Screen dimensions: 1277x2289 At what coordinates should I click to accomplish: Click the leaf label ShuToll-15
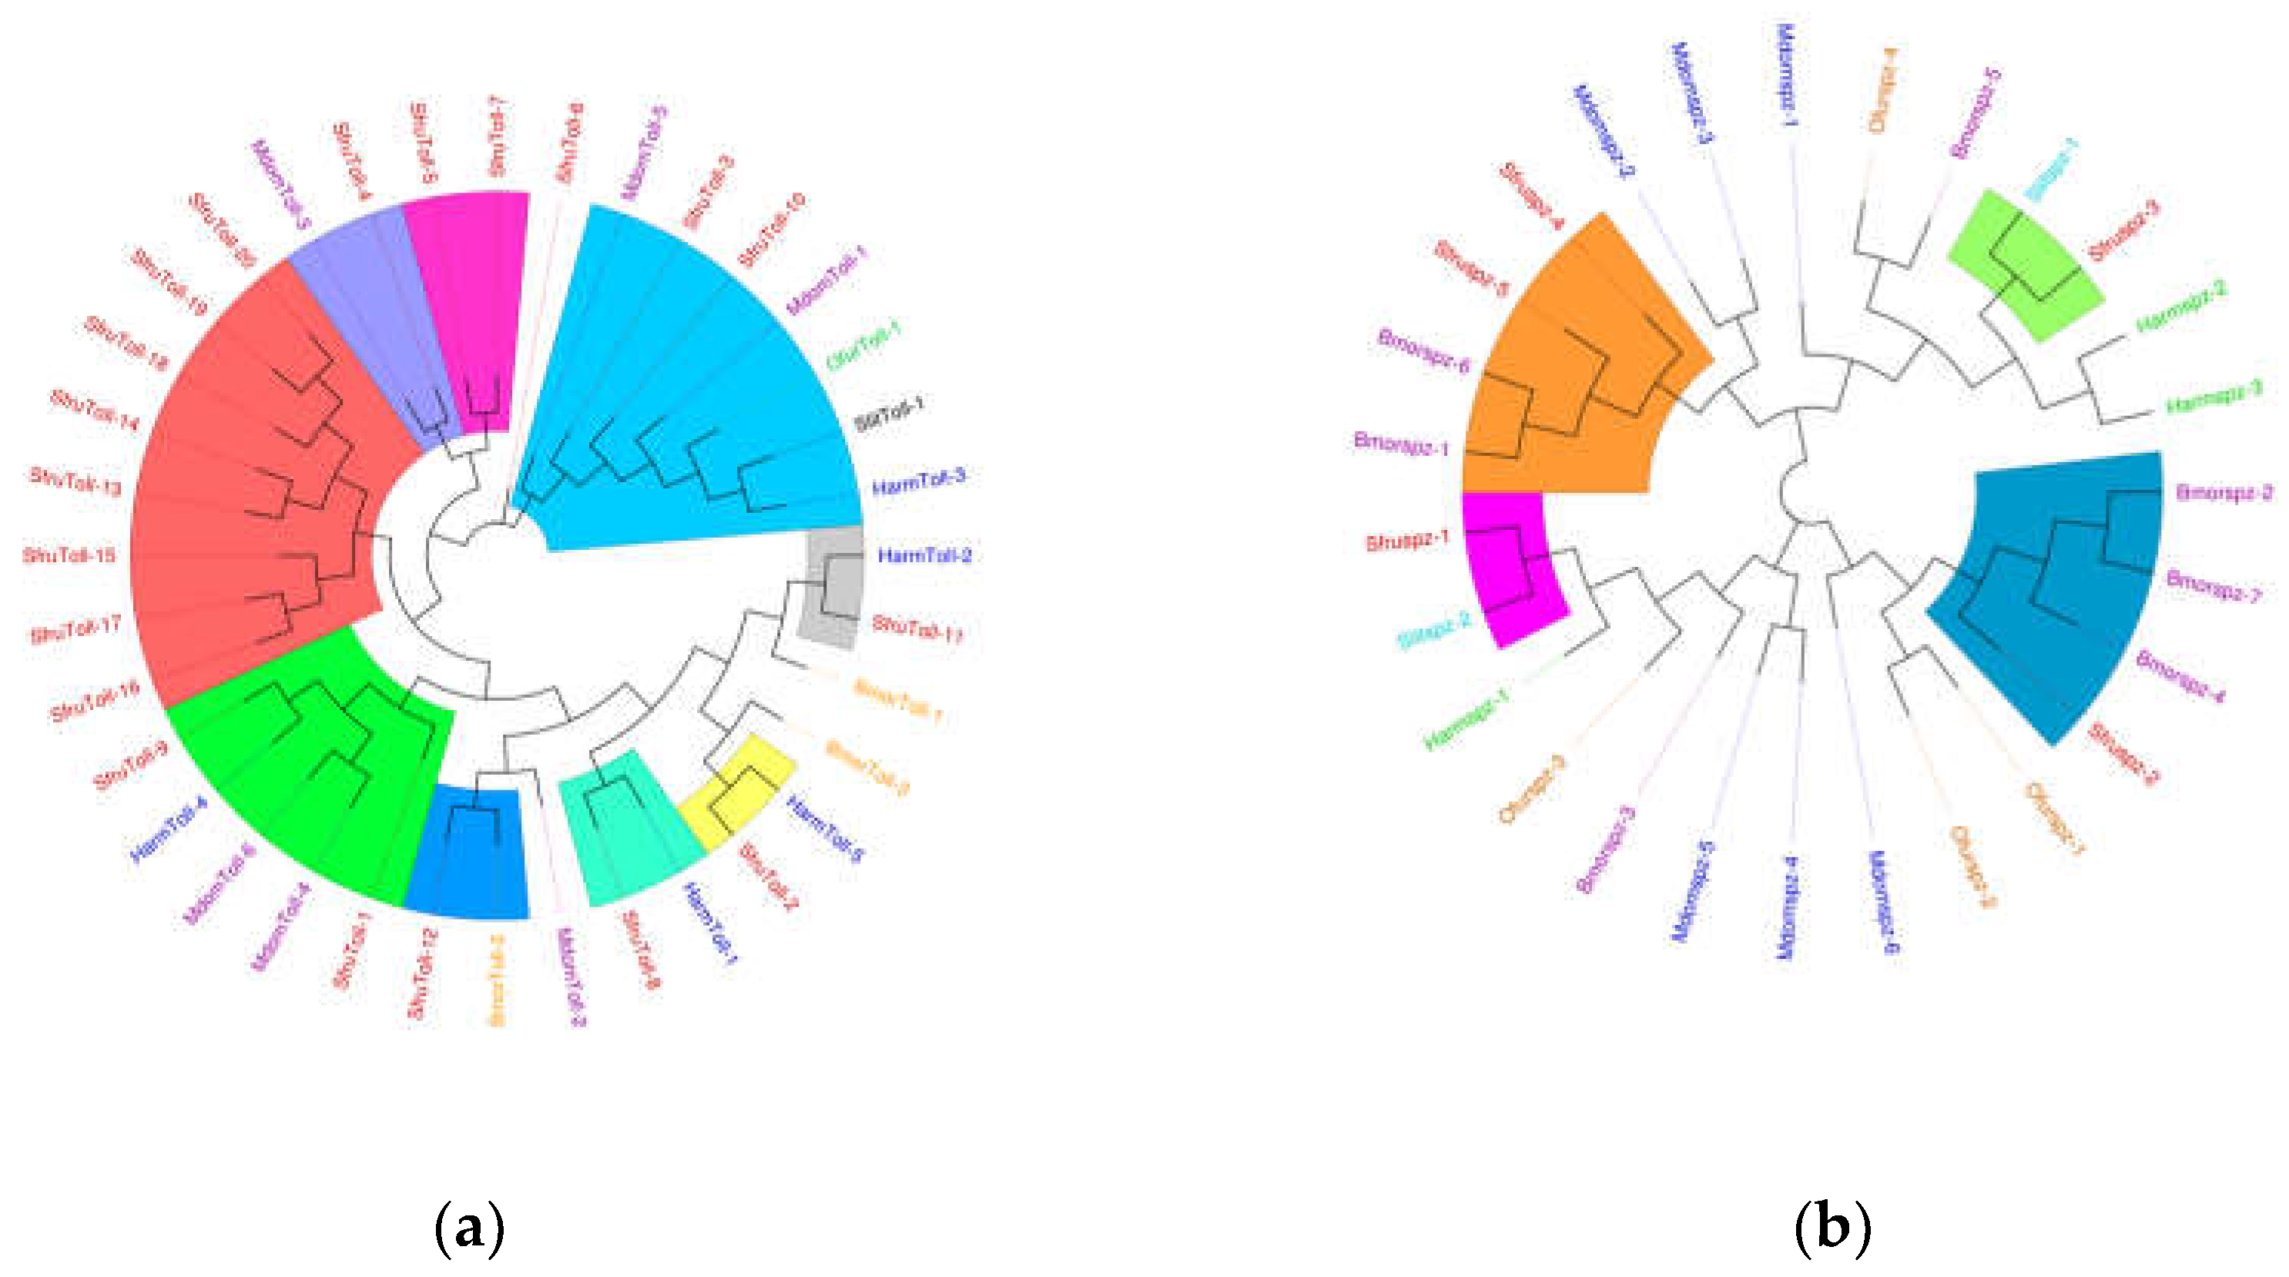(69, 556)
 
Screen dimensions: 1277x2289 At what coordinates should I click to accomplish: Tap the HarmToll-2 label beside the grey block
(925, 556)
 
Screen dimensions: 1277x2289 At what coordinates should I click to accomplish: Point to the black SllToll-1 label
(890, 415)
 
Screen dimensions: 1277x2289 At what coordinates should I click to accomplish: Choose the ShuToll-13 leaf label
(75, 481)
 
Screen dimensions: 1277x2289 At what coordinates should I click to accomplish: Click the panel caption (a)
(469, 1228)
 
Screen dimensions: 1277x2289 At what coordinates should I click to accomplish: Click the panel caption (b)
(1832, 1228)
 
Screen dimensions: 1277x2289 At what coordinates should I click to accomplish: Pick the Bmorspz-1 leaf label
(1401, 444)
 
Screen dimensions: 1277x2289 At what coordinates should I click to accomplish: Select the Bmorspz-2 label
(2224, 492)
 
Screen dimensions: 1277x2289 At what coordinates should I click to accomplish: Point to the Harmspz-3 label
(2214, 397)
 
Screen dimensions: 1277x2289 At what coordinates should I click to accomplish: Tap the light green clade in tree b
(2026, 266)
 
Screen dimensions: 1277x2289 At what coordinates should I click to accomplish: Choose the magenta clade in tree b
(1510, 568)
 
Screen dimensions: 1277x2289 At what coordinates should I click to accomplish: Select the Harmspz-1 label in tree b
(1467, 720)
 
